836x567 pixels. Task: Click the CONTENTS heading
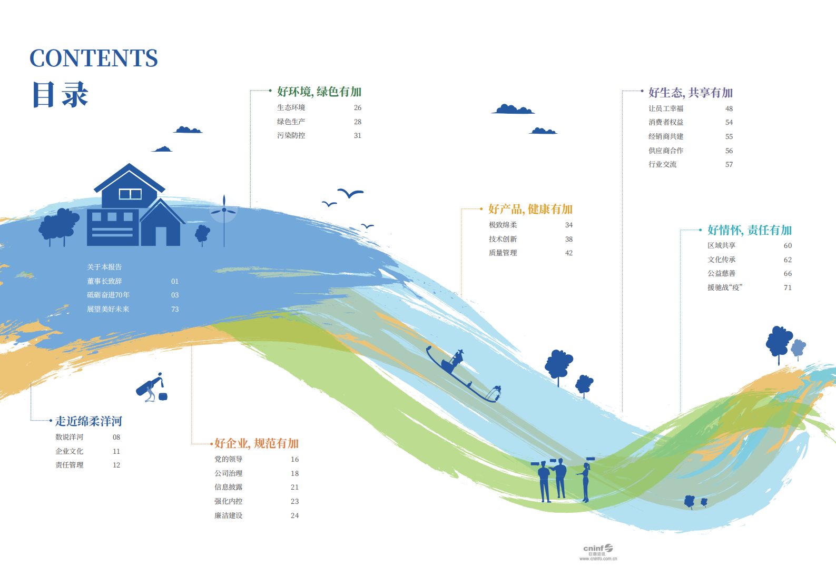tap(94, 58)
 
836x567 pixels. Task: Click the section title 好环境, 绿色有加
tap(319, 92)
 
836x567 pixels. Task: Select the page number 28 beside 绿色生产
tap(358, 122)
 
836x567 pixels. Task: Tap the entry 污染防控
tap(291, 135)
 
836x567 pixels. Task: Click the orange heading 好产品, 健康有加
tap(530, 209)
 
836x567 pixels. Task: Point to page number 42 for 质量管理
tap(569, 253)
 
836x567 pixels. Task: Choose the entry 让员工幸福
tap(666, 108)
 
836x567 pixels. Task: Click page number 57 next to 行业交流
tap(729, 164)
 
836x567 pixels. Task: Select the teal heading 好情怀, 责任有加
tap(750, 230)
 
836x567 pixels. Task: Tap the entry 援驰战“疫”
tap(725, 287)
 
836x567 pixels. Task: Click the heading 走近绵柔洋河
tap(88, 421)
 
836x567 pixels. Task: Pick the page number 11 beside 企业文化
tap(116, 451)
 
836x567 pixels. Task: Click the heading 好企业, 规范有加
tap(257, 443)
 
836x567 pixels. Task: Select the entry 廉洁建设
tap(229, 515)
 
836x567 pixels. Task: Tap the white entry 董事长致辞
tap(104, 281)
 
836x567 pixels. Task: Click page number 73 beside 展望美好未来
tap(175, 309)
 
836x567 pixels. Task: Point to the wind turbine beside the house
tap(224, 220)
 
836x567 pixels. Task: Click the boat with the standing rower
tap(463, 375)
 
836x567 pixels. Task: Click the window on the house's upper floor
tap(130, 194)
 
